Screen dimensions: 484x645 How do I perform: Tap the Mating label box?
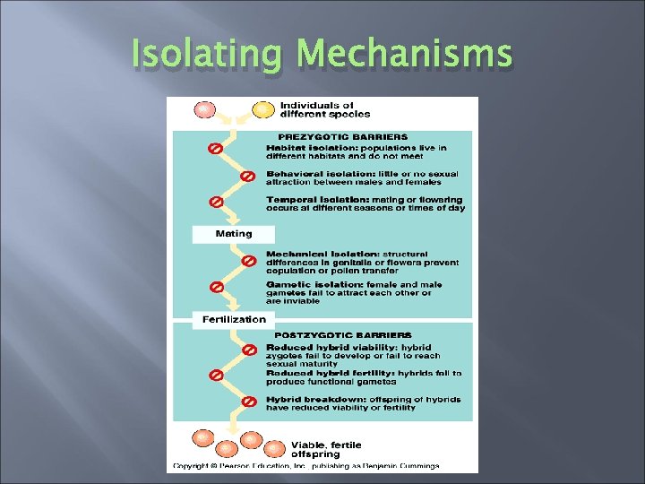tap(234, 234)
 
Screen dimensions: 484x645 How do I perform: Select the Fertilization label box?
tap(233, 319)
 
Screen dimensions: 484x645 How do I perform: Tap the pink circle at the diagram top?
tap(204, 109)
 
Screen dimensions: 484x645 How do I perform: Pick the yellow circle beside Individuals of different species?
tap(263, 109)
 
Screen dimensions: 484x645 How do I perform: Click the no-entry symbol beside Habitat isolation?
tap(216, 148)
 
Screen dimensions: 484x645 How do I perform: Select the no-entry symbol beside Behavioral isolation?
tap(248, 175)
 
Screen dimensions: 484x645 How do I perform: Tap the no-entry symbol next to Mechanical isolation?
tap(248, 262)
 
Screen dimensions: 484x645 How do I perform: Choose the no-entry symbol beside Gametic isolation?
tap(216, 288)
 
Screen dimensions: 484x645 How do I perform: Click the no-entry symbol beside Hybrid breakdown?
tap(248, 402)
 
